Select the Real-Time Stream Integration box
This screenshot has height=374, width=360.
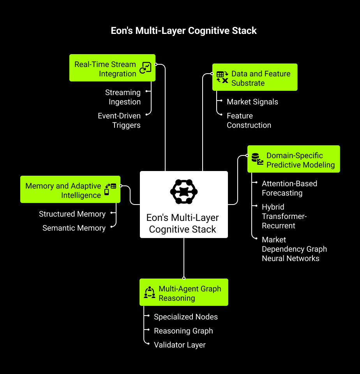point(112,68)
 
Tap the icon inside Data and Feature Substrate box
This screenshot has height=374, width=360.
point(222,77)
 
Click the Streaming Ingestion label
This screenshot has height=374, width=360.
point(123,97)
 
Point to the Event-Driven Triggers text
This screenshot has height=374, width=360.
point(119,120)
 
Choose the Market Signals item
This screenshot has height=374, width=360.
point(252,102)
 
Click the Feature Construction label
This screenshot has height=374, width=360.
point(249,120)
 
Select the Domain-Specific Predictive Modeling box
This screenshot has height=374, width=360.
point(294,159)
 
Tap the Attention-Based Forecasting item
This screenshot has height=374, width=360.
point(289,188)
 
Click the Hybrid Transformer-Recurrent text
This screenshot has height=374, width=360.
point(284,216)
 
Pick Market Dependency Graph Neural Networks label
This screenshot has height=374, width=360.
point(294,249)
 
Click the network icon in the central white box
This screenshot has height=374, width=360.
point(184,192)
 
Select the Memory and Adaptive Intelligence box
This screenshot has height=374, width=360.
point(70,189)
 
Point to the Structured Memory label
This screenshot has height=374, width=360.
point(72,214)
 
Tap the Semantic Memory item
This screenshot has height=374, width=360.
point(74,228)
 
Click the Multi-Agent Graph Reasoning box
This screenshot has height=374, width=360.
point(184,292)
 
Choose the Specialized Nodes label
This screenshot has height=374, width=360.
point(185,317)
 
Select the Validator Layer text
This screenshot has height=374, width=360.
point(180,345)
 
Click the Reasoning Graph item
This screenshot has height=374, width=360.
point(183,331)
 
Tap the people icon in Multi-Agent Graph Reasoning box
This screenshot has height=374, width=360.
point(150,292)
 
